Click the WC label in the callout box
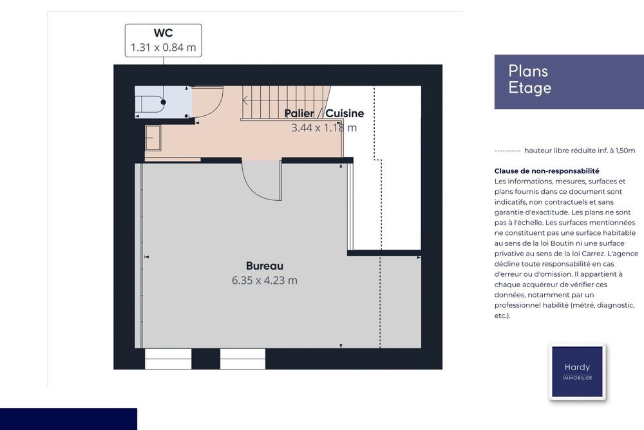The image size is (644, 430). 163,33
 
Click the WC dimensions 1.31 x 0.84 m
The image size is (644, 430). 163,47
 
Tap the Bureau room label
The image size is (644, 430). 265,266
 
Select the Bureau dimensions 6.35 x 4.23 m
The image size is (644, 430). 265,281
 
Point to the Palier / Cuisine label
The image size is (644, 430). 324,113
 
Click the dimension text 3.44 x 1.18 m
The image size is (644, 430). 324,127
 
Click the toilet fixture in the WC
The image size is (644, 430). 150,104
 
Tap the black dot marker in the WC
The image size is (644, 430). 163,102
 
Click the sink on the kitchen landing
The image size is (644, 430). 153,138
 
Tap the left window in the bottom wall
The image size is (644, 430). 168,359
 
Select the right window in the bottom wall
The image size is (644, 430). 243,359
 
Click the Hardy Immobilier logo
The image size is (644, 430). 577,371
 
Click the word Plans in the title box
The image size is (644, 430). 528,71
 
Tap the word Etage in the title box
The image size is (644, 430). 530,88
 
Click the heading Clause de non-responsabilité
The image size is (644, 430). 547,171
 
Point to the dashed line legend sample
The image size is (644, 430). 507,151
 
